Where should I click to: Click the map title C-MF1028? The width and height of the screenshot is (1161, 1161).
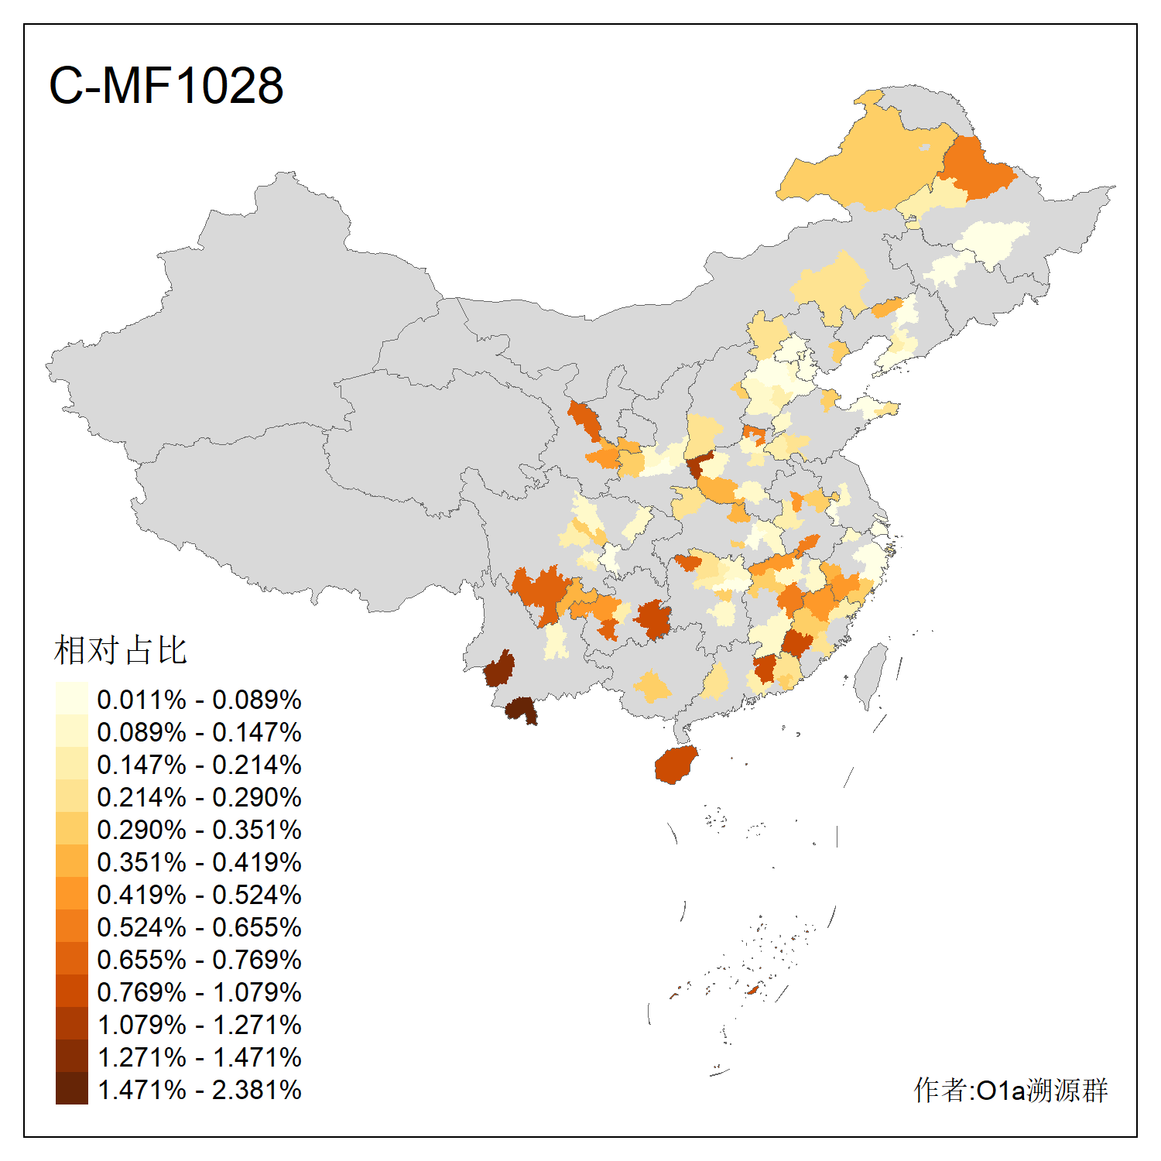coord(166,85)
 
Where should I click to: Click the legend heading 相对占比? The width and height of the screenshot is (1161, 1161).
coord(121,650)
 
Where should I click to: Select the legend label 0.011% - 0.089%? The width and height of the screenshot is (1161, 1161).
coord(199,700)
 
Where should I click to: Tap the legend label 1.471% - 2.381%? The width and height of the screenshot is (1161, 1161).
coord(199,1090)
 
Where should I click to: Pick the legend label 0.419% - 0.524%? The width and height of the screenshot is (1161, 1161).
coord(199,895)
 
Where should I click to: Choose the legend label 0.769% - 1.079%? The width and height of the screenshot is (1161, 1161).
coord(199,992)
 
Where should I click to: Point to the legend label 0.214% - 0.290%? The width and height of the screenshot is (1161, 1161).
coord(199,797)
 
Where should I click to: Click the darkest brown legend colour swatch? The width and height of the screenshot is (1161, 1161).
coord(71,1088)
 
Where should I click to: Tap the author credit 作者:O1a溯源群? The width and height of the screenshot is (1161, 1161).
coord(1010,1090)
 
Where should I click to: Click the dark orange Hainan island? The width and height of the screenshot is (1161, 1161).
coord(676,765)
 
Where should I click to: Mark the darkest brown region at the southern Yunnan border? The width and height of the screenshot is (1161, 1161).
coord(521,709)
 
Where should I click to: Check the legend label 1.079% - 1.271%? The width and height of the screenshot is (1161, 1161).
coord(199,1025)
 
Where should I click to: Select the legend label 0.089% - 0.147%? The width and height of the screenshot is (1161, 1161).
coord(199,732)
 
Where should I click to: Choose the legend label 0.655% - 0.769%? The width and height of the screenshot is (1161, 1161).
coord(199,960)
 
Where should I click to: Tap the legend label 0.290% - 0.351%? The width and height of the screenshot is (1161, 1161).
coord(199,830)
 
